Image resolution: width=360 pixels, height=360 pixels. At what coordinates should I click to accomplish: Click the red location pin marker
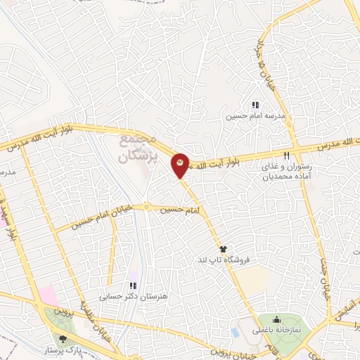181,166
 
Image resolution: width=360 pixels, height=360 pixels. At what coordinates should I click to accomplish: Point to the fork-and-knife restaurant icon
286,156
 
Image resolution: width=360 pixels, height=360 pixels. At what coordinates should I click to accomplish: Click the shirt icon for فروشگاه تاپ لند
224,249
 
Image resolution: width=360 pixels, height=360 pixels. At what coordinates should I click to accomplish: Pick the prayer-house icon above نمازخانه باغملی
276,320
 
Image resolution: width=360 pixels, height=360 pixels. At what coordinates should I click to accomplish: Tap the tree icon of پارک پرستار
64,339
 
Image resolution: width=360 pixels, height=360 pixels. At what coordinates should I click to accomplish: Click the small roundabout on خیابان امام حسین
147,207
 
